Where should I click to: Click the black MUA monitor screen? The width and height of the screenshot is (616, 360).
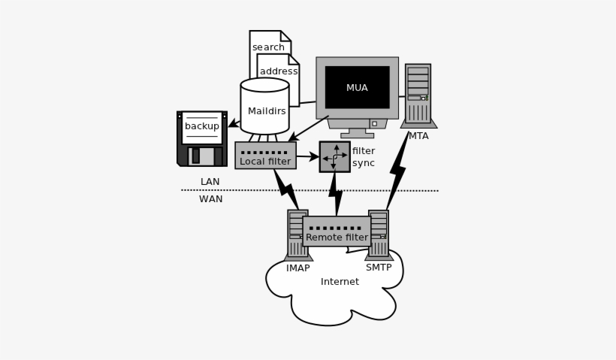click(357, 87)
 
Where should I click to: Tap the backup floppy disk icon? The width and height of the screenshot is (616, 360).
click(202, 138)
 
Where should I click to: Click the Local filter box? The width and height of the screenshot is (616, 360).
click(265, 156)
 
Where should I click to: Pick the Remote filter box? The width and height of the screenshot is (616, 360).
click(337, 231)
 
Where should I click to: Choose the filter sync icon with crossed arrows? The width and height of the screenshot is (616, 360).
click(334, 156)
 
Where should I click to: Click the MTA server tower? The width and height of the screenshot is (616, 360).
click(418, 94)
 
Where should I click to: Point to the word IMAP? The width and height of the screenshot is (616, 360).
click(297, 268)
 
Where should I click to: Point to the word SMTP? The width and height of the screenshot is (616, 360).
click(379, 268)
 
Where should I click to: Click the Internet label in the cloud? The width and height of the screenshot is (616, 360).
click(340, 282)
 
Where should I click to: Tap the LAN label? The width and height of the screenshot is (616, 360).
click(210, 182)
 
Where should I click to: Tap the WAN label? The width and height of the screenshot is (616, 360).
click(210, 199)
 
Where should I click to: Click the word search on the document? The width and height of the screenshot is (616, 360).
click(268, 47)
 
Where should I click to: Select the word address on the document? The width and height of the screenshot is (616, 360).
click(279, 71)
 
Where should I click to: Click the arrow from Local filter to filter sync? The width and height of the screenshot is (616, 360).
click(307, 156)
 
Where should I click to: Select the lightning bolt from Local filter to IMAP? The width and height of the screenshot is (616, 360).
click(286, 188)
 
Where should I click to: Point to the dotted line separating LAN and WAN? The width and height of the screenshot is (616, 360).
click(310, 190)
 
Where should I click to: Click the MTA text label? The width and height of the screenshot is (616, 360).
click(418, 136)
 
